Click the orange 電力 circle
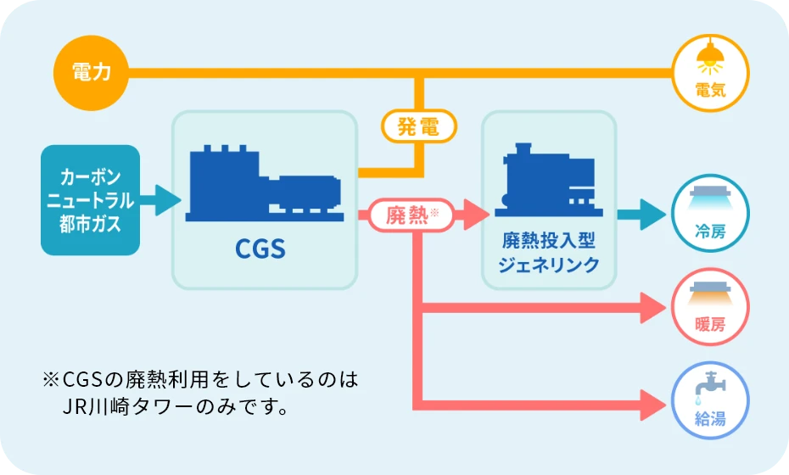(91, 73)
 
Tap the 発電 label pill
(419, 127)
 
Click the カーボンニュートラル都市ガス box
(90, 200)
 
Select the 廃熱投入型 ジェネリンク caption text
(548, 252)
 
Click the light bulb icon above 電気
(710, 60)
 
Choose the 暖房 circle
(710, 307)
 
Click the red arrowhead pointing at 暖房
(652, 308)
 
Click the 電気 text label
(710, 90)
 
